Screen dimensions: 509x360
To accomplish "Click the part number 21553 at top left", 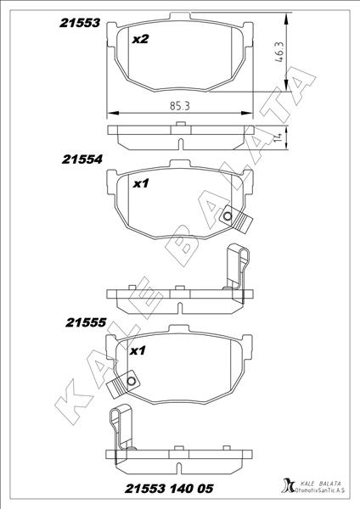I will tap(80, 25).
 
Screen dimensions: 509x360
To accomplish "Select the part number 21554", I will tap(82, 159).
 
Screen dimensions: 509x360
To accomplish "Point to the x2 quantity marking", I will tap(141, 39).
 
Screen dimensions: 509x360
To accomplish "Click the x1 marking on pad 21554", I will tap(142, 182).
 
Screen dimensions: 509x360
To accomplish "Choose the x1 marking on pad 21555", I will tap(138, 350).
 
